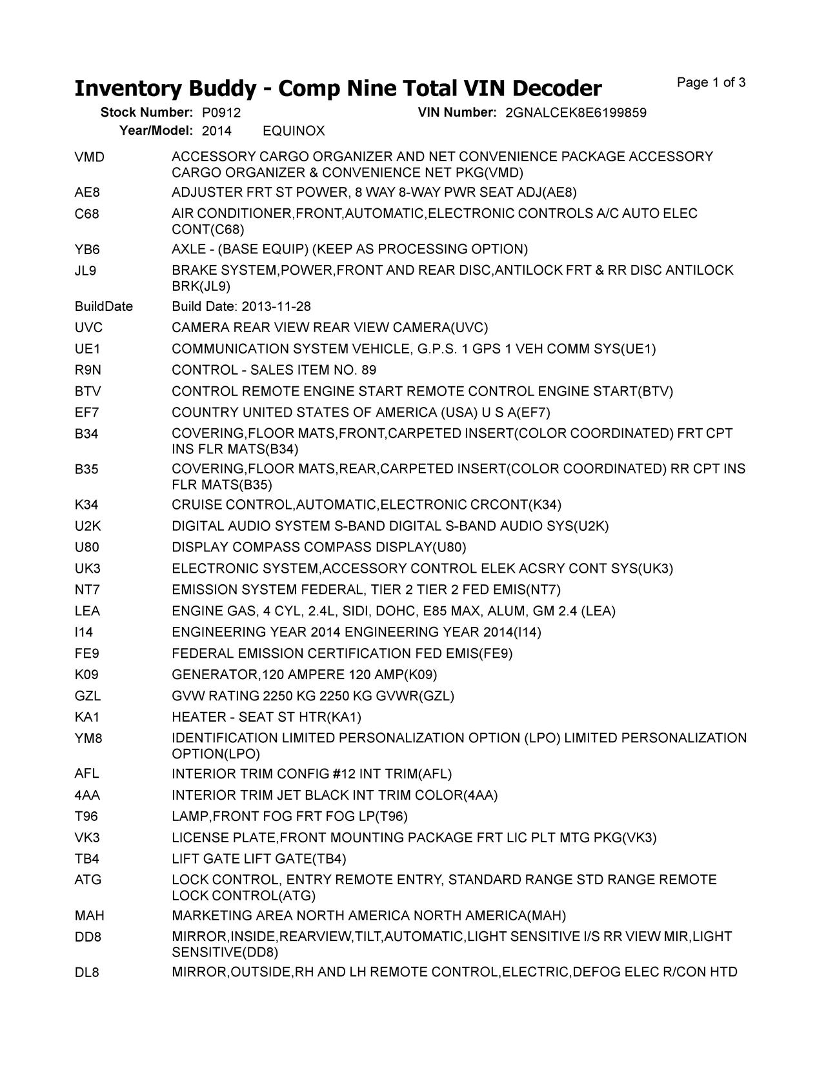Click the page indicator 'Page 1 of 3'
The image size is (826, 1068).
click(x=711, y=83)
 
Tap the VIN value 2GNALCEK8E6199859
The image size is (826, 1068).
click(x=576, y=113)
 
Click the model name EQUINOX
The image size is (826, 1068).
click(x=294, y=132)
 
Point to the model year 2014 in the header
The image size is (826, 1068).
click(x=216, y=132)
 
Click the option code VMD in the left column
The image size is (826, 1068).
click(x=89, y=157)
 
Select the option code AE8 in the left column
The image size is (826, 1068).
click(x=87, y=192)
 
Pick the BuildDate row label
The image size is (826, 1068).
click(x=103, y=306)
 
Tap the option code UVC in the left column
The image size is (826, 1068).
click(x=88, y=328)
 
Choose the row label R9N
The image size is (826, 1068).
click(x=88, y=370)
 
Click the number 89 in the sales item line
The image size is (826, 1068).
click(x=369, y=370)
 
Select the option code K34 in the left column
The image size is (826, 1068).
click(x=86, y=504)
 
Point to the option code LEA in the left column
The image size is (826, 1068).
click(x=87, y=611)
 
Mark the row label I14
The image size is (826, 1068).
click(x=84, y=632)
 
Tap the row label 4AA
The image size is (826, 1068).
click(x=87, y=795)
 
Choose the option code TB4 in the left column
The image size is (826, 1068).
click(x=86, y=859)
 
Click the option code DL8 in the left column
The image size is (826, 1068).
click(x=87, y=972)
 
